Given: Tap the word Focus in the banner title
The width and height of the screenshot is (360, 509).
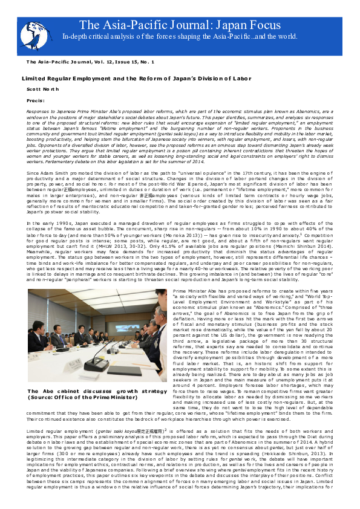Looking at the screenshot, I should (x=260, y=25).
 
